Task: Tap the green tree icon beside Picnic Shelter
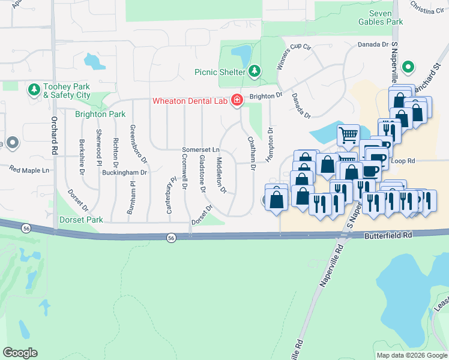pos(255,72)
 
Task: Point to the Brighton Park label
pos(100,114)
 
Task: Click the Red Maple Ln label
pos(29,170)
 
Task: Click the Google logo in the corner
pos(20,353)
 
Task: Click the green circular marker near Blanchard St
pos(409,67)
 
